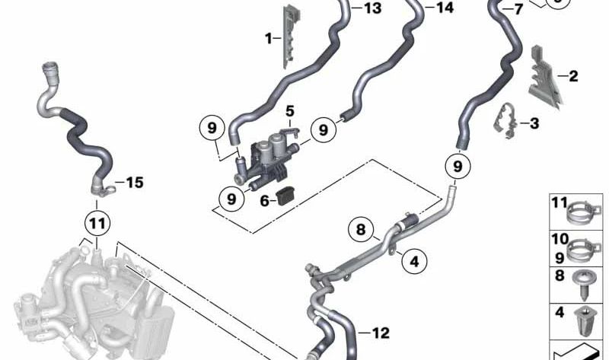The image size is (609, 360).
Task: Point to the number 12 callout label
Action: pyautogui.click(x=381, y=332)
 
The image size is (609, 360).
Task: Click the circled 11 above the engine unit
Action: pyautogui.click(x=96, y=224)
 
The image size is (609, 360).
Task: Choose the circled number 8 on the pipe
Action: pyautogui.click(x=361, y=228)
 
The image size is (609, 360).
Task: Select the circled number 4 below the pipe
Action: pyautogui.click(x=414, y=262)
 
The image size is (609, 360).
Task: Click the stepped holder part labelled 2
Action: pyautogui.click(x=543, y=76)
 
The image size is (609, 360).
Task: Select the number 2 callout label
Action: pyautogui.click(x=573, y=75)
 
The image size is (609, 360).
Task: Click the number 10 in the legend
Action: pyautogui.click(x=560, y=238)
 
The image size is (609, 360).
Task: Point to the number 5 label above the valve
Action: pyautogui.click(x=290, y=113)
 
